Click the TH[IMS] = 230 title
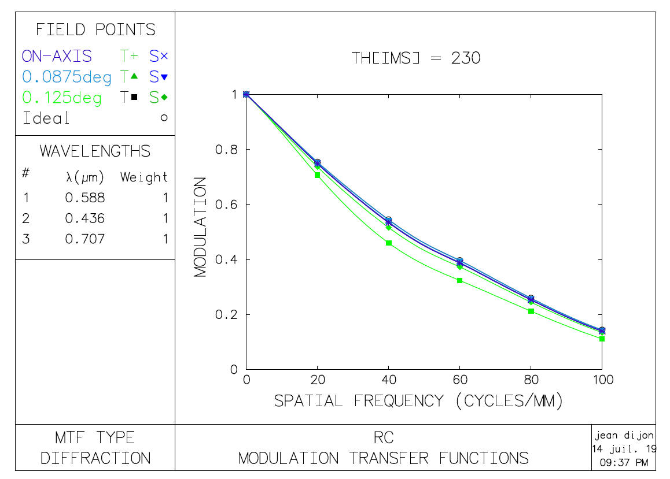click(416, 58)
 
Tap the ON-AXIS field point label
click(57, 57)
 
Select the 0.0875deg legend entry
click(67, 77)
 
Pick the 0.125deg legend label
click(62, 98)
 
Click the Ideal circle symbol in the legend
click(164, 118)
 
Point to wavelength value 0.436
click(85, 218)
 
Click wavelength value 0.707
click(85, 239)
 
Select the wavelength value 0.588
click(85, 198)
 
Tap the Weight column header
click(144, 177)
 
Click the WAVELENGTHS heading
click(95, 151)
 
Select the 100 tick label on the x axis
click(602, 380)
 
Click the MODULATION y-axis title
click(201, 227)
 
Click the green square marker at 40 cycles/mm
click(389, 243)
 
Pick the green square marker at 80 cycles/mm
click(531, 311)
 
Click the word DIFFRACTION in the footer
click(95, 459)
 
